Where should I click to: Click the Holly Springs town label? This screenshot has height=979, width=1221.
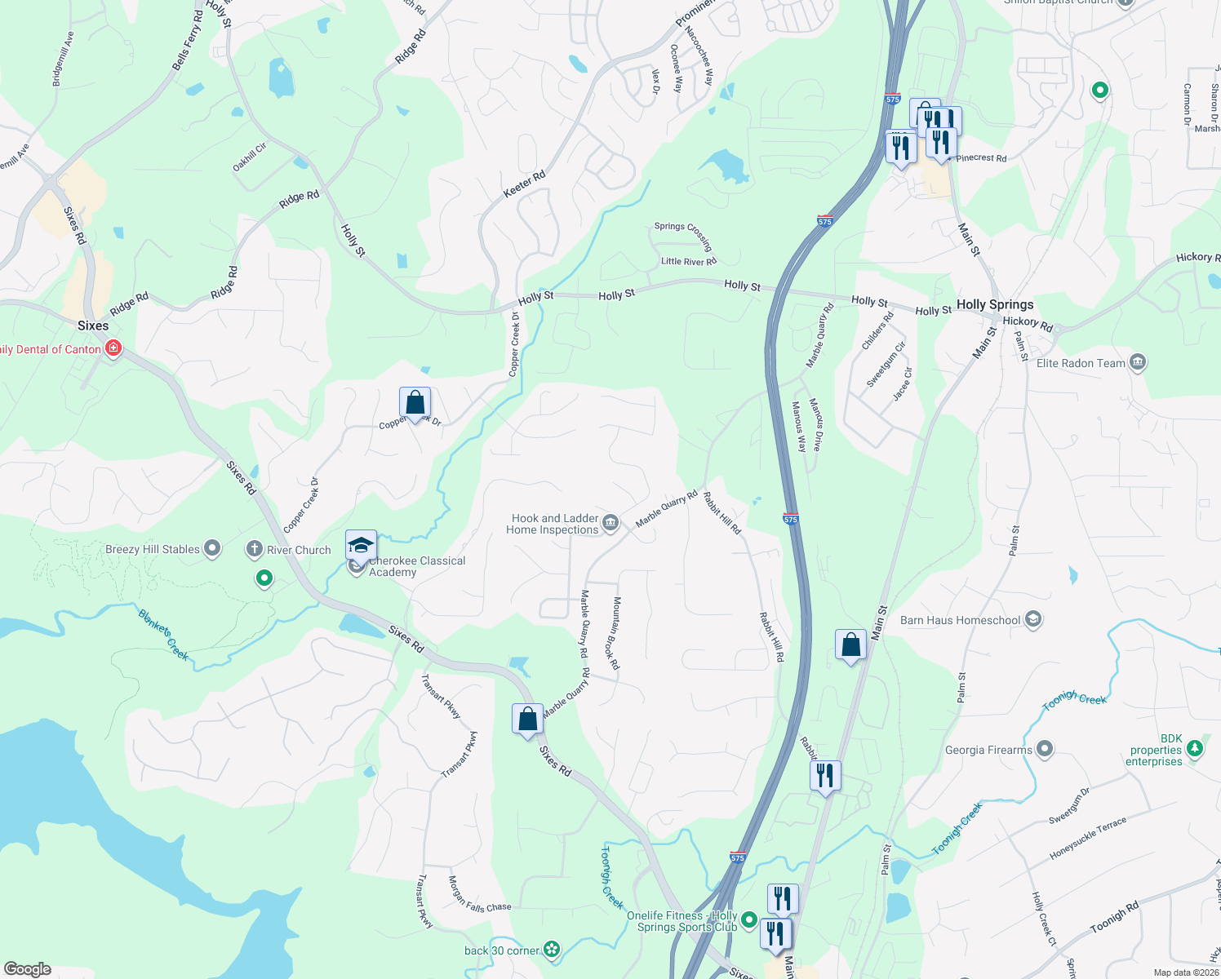[x=995, y=304]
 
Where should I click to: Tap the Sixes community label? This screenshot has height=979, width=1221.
[x=93, y=326]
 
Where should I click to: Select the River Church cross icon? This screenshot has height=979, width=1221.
[x=255, y=549]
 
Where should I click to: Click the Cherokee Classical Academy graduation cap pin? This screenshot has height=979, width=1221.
[x=361, y=545]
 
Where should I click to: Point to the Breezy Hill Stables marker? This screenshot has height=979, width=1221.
[x=212, y=548]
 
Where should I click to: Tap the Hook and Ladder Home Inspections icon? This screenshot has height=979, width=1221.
[x=610, y=523]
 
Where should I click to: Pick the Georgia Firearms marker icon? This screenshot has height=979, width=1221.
[x=1045, y=749]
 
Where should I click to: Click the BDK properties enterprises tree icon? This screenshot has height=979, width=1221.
[x=1195, y=747]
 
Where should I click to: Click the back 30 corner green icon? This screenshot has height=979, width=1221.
[x=553, y=949]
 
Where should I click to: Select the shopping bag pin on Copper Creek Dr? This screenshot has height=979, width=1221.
[x=415, y=403]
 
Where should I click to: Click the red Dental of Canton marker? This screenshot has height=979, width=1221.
[x=113, y=349]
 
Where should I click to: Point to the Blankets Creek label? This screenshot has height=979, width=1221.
[x=163, y=635]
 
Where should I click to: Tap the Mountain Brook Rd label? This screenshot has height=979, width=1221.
[x=616, y=633]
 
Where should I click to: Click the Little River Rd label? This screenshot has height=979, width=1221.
[x=688, y=261]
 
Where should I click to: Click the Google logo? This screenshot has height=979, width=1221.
[x=28, y=968]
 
